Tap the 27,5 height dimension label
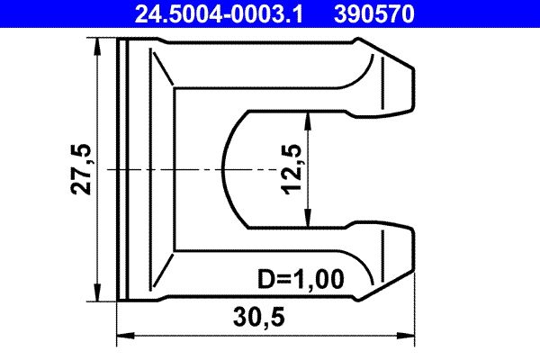pos(82,168)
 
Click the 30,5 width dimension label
pos(265,319)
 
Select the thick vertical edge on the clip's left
pos(119,169)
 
